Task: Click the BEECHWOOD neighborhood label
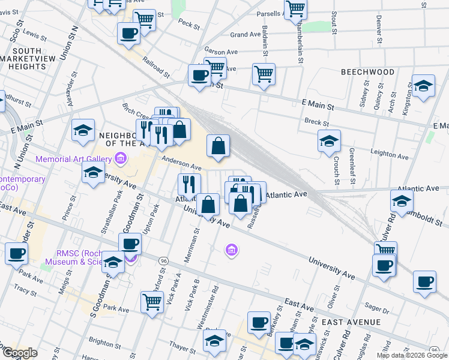(367, 72)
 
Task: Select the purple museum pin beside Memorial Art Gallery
(121, 159)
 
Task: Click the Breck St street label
(317, 124)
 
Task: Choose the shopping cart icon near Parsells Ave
(295, 10)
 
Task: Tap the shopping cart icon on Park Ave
(152, 302)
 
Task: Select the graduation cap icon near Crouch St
(329, 142)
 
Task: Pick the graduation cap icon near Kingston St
(423, 86)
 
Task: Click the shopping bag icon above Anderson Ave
(218, 146)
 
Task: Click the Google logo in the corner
(19, 353)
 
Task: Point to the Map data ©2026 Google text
(411, 355)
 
